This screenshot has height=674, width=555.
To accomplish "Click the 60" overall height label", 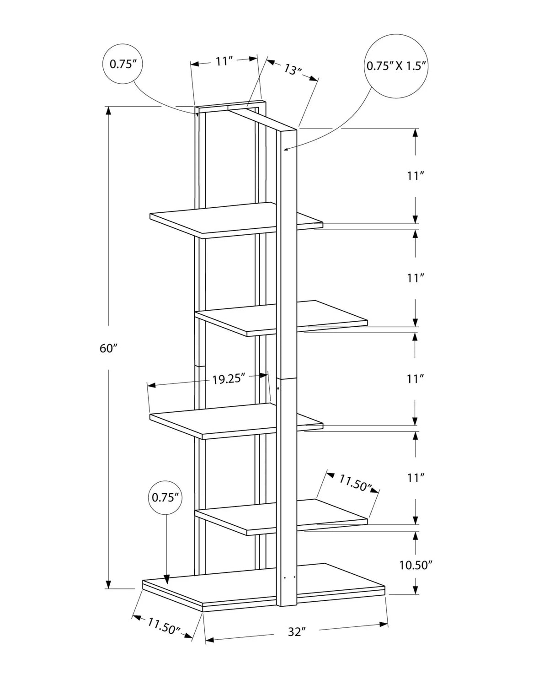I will pyautogui.click(x=108, y=348).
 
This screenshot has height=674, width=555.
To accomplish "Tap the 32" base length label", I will pyautogui.click(x=296, y=632).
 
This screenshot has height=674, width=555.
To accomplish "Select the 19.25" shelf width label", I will pyautogui.click(x=229, y=379).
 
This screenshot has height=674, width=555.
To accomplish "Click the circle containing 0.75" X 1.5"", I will pyautogui.click(x=396, y=65).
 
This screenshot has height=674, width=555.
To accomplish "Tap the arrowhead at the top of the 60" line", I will pyautogui.click(x=108, y=110).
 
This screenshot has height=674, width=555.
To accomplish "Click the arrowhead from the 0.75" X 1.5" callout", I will pyautogui.click(x=285, y=148).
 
